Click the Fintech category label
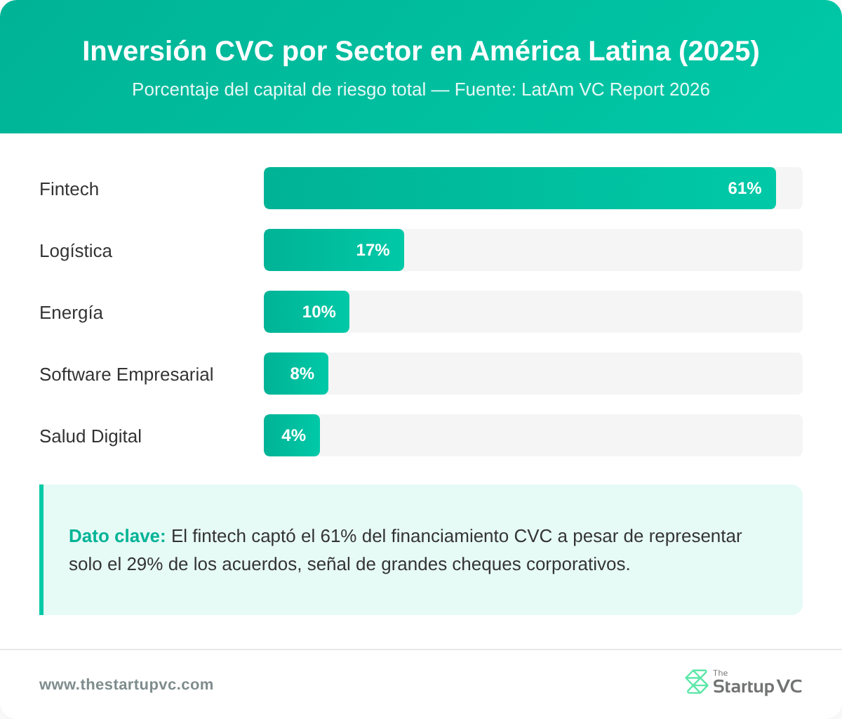pyautogui.click(x=69, y=189)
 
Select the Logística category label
pyautogui.click(x=76, y=251)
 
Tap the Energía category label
pyautogui.click(x=71, y=312)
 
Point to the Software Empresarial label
pyautogui.click(x=126, y=374)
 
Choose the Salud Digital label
pyautogui.click(x=91, y=436)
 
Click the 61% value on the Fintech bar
pyautogui.click(x=744, y=188)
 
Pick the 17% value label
pyautogui.click(x=373, y=250)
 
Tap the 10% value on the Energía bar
pyautogui.click(x=319, y=312)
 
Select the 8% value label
pyautogui.click(x=302, y=374)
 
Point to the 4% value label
pyautogui.click(x=293, y=435)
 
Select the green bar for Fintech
pyautogui.click(x=491, y=188)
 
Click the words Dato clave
pyautogui.click(x=117, y=536)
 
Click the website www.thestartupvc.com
pyautogui.click(x=126, y=685)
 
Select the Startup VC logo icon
pyautogui.click(x=696, y=682)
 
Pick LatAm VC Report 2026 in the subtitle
pyautogui.click(x=615, y=90)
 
